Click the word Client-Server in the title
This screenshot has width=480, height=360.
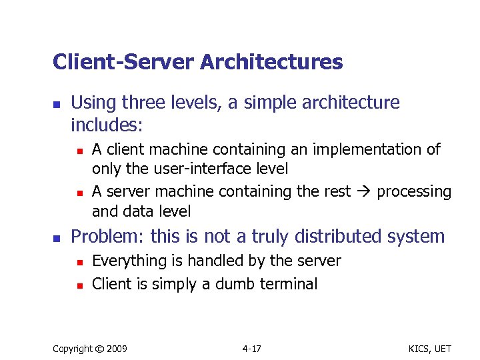click(x=123, y=63)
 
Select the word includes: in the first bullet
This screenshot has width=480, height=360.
click(x=107, y=124)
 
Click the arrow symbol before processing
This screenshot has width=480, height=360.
click(x=364, y=192)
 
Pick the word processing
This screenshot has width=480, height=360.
click(x=414, y=192)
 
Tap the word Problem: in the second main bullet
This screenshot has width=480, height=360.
click(x=108, y=237)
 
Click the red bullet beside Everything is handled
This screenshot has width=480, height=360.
click(x=78, y=262)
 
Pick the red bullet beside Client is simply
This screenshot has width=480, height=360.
click(x=78, y=285)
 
